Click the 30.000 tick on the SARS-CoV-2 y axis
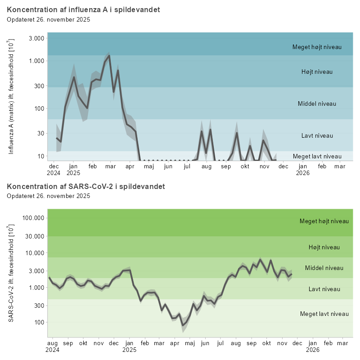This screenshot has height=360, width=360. point(33,236)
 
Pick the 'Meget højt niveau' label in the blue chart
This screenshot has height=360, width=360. point(317,47)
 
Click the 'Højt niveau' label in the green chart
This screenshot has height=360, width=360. point(324,247)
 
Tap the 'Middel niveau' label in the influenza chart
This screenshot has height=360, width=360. point(317,103)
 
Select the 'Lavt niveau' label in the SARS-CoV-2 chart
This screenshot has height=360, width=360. point(324,289)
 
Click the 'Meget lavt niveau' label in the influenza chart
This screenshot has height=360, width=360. point(317,156)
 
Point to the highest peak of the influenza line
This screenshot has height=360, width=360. point(109,56)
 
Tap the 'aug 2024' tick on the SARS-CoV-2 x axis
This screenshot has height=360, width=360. point(53,346)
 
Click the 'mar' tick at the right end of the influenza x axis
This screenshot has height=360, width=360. point(340,166)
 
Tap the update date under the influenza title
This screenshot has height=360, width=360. point(49,19)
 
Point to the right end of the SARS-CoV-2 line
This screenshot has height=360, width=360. point(291,274)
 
